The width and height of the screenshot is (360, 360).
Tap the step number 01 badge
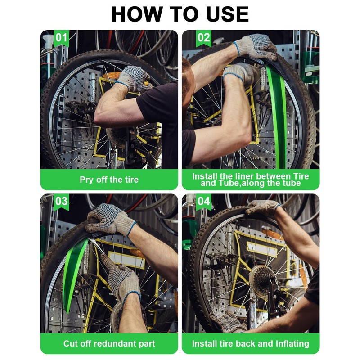[61, 38]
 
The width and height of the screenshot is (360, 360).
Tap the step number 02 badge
[204, 38]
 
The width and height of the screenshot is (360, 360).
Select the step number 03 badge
[61, 201]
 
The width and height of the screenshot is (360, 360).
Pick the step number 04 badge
[204, 201]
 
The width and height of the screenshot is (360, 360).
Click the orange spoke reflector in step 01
[111, 75]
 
